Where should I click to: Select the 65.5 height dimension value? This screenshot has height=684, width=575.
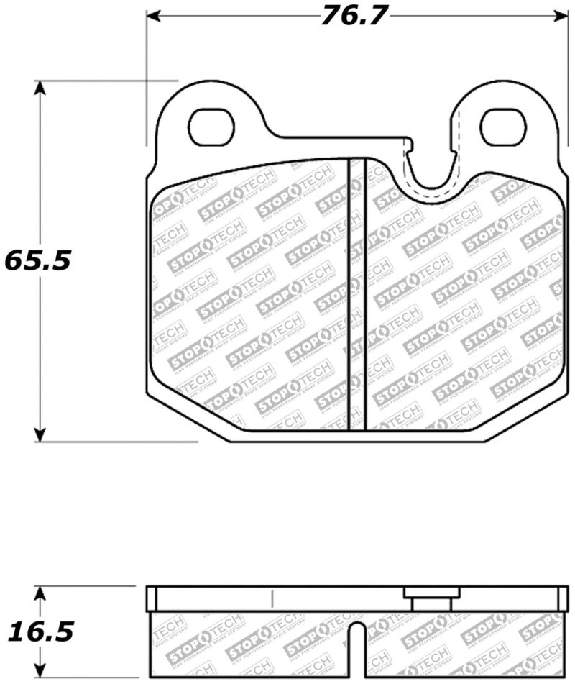pos(37,260)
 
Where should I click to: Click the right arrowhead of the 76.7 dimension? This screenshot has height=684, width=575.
pos(561,15)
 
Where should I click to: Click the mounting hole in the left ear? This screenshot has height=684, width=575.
pos(215,127)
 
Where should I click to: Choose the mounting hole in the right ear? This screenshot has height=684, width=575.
pos(502,127)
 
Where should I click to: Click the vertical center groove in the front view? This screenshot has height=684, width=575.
pos(357,295)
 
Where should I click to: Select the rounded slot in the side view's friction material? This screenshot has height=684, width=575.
pos(357,651)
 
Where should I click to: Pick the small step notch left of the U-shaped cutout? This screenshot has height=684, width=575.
pos(409,146)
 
